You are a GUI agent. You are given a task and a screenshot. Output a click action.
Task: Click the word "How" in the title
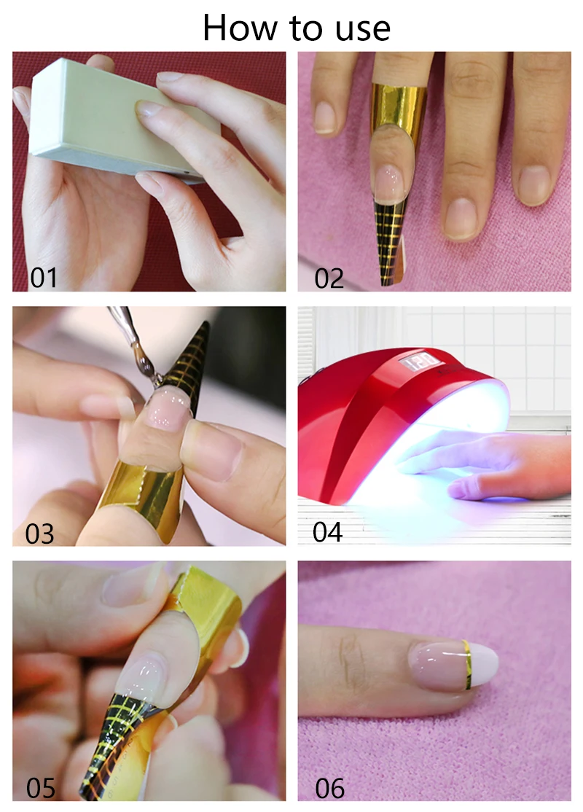[240, 27]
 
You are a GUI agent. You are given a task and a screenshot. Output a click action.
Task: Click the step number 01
[44, 278]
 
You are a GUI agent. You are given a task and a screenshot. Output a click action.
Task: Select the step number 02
[329, 278]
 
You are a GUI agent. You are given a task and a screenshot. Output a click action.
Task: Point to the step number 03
[39, 534]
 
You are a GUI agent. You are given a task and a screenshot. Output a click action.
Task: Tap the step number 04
[327, 532]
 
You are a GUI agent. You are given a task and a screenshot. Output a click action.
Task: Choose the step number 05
[40, 788]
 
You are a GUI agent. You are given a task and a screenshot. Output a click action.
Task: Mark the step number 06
[329, 788]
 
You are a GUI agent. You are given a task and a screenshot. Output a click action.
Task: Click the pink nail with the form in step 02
[389, 184]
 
